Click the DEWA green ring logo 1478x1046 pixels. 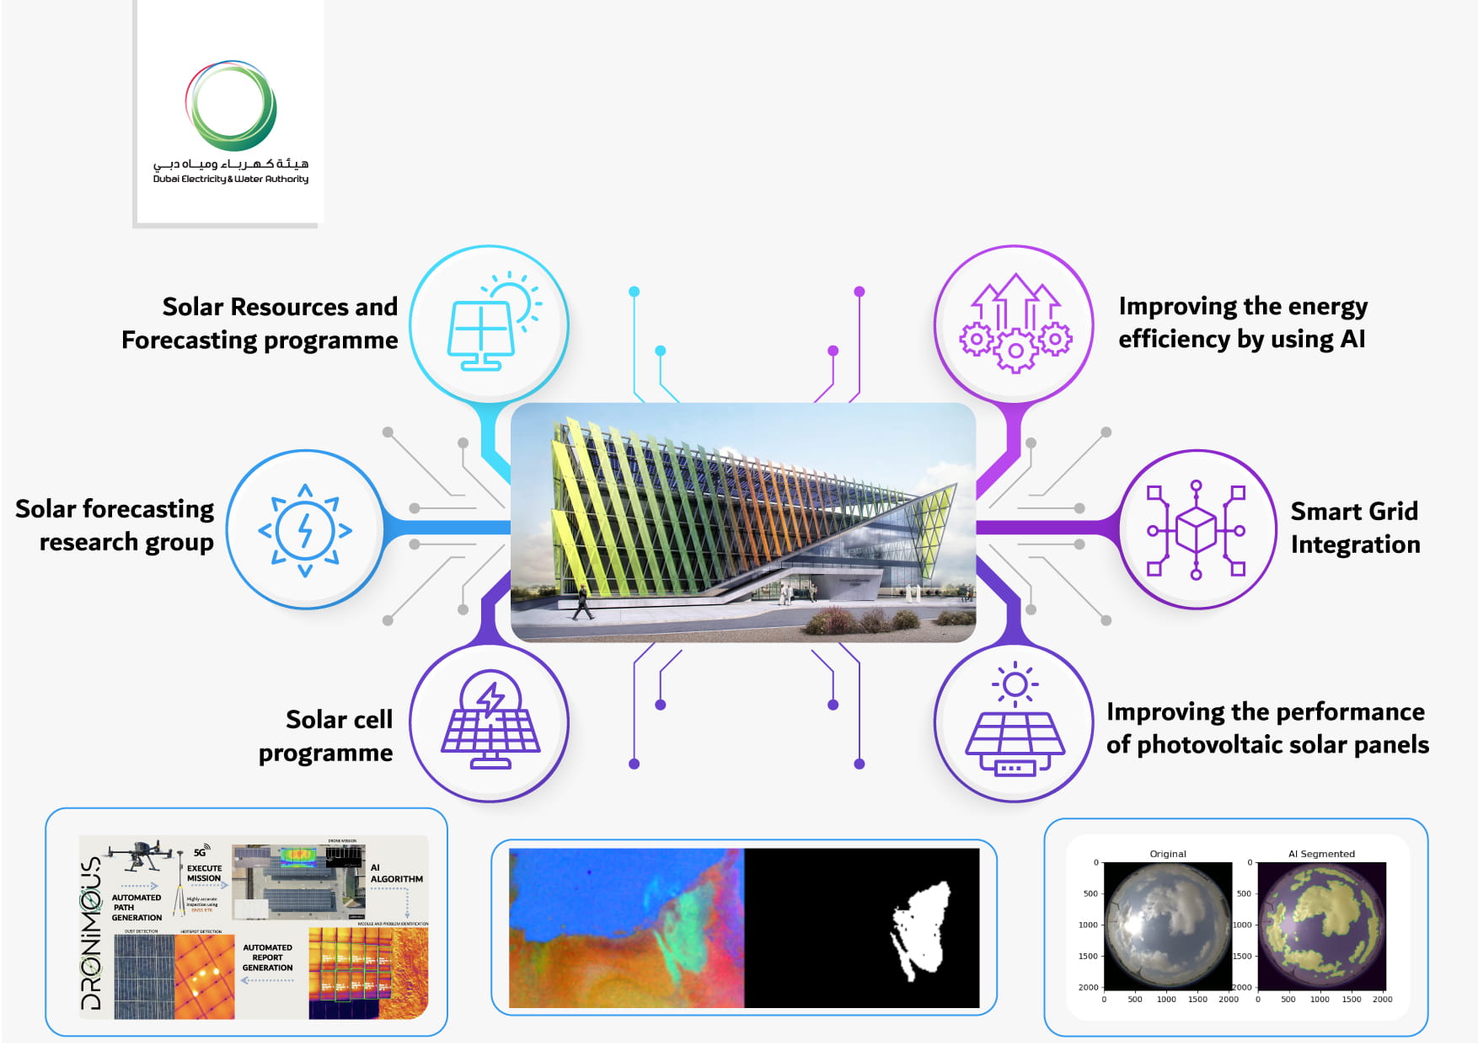(x=231, y=105)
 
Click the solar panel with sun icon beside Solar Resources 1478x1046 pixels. (x=490, y=324)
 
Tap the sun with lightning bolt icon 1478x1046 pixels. (x=305, y=530)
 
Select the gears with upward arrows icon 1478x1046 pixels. (x=1015, y=324)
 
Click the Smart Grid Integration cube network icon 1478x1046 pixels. (x=1196, y=530)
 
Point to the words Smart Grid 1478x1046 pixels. (x=1353, y=512)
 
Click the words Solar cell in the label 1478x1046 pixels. (x=339, y=720)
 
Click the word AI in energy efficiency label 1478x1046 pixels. (x=1352, y=339)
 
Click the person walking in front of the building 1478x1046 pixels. (x=582, y=603)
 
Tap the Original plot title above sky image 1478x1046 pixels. (x=1167, y=854)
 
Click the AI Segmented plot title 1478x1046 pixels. (x=1320, y=854)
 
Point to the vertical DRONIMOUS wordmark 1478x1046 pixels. (x=91, y=933)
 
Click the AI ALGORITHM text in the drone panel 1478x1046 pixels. (x=395, y=873)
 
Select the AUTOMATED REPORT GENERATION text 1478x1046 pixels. (x=267, y=957)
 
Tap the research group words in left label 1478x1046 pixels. (x=126, y=542)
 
